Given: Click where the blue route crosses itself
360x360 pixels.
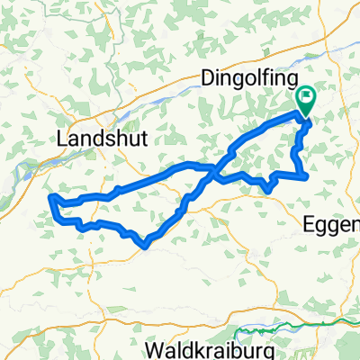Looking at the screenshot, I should coord(214,169).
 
